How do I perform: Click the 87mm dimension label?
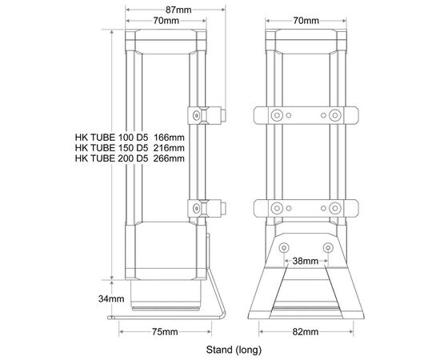(x=178, y=10)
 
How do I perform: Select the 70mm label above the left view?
(x=166, y=21)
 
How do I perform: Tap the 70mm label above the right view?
(x=306, y=21)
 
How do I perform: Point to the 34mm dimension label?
(x=111, y=298)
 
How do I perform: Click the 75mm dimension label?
(x=165, y=332)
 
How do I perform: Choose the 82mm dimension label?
(x=306, y=332)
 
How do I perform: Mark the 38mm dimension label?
(x=306, y=262)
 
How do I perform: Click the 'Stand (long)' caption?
(x=234, y=350)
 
